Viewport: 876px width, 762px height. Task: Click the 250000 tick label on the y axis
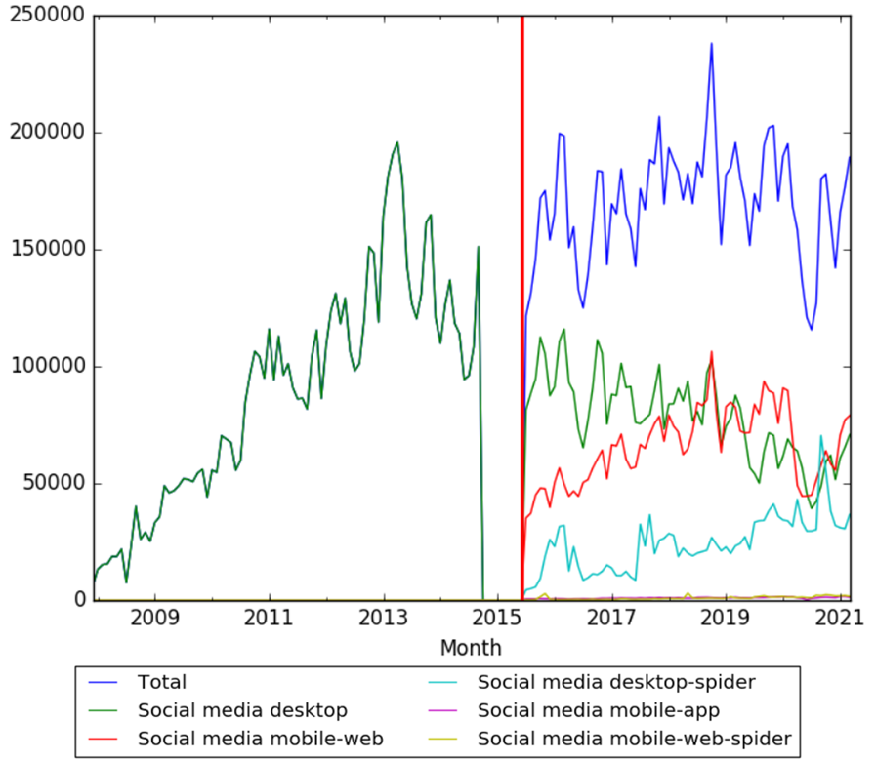[45, 17]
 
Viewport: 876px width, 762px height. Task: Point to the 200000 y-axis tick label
[45, 133]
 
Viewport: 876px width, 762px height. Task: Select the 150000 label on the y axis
[45, 250]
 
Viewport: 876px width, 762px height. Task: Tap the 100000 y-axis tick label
[45, 367]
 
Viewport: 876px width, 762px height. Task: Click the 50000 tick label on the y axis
[51, 484]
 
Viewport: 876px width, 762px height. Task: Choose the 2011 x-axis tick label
[269, 620]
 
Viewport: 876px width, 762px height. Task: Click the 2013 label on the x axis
[384, 620]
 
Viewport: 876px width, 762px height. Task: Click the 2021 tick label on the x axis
[841, 620]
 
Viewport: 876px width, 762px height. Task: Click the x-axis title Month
[471, 647]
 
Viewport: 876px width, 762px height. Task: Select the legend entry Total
[162, 682]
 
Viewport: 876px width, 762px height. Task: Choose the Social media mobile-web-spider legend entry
[635, 737]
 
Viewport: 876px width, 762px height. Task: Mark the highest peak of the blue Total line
[711, 43]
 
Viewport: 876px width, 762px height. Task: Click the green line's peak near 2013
[396, 142]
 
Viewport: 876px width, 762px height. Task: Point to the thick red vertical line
[522, 293]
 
